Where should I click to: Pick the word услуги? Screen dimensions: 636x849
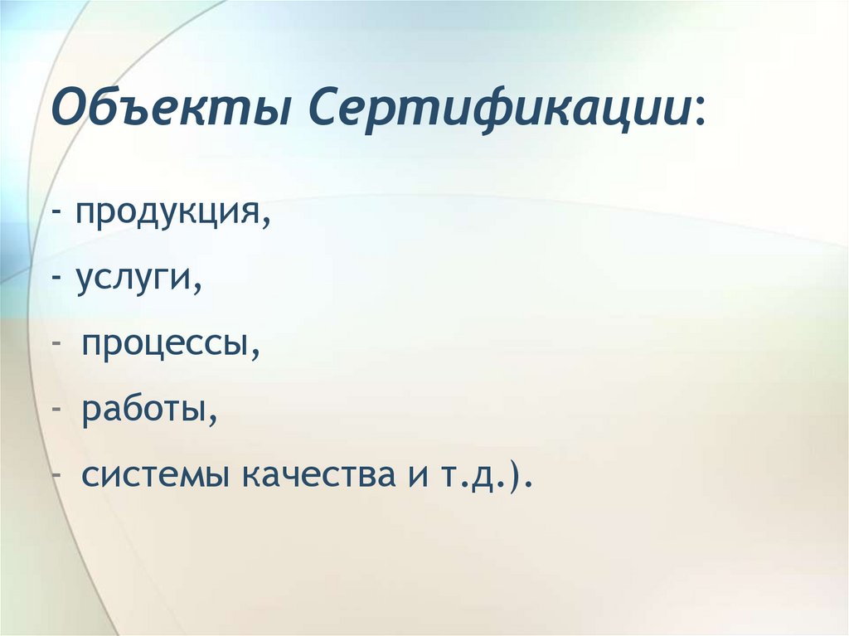(137, 279)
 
